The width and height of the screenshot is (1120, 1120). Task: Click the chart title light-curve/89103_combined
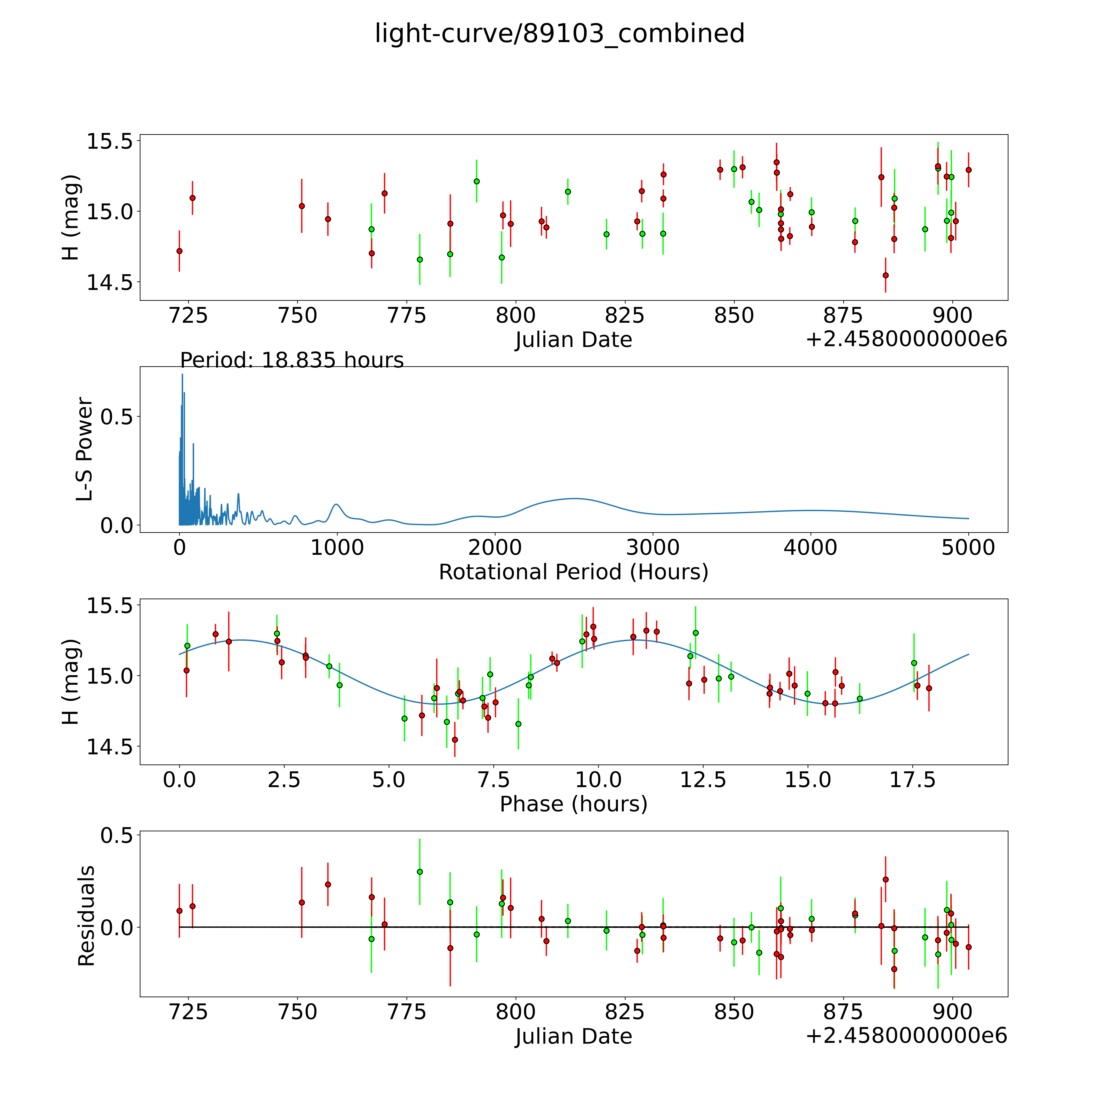click(559, 34)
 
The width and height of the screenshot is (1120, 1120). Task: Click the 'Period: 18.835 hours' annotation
click(292, 361)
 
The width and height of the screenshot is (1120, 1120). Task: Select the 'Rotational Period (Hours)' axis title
click(573, 572)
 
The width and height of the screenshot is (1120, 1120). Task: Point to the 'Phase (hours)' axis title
click(573, 804)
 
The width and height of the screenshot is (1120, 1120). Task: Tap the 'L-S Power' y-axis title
click(85, 449)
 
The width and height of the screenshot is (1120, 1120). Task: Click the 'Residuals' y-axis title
click(86, 916)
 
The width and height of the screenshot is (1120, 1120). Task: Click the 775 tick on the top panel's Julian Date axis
click(406, 316)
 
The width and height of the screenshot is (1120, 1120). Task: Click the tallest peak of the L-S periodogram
click(182, 375)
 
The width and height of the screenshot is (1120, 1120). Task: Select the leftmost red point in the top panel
click(179, 251)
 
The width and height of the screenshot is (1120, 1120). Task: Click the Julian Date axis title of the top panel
click(573, 340)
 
